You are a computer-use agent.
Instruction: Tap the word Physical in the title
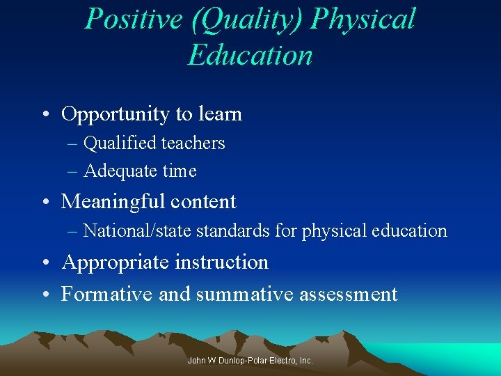pos(363,19)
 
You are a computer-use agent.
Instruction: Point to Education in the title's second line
pos(250,54)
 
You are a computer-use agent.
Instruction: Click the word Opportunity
pos(115,114)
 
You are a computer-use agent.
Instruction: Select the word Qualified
pos(119,143)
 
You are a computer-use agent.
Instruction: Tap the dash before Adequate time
pos(73,171)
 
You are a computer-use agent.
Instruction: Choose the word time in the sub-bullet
pos(179,171)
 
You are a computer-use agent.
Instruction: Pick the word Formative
pos(108,294)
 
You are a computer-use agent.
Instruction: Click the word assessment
pos(348,295)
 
